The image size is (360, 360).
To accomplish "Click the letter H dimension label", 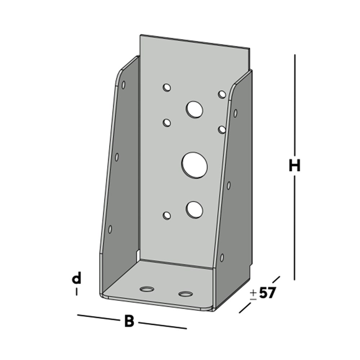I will [294, 166].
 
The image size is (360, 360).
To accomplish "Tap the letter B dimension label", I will [129, 321].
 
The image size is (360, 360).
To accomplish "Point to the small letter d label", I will [76, 279].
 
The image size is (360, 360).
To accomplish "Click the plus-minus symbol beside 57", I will [253, 294].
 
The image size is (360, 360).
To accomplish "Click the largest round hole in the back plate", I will [194, 164].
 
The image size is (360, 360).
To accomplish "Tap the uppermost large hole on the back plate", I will [194, 109].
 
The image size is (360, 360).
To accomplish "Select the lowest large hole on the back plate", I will [194, 209].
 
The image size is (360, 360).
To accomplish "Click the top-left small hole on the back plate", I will [167, 88].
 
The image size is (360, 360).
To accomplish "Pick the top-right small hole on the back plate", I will [222, 94].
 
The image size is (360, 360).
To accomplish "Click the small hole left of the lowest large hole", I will [167, 215].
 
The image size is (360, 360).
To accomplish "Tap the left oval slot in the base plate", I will [146, 289].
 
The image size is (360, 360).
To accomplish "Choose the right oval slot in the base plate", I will [185, 294].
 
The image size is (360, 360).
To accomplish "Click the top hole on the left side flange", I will [123, 85].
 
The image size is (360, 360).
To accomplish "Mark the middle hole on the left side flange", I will [117, 157].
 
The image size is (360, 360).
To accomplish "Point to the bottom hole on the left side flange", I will [110, 229].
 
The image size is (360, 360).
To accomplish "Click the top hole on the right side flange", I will [235, 113].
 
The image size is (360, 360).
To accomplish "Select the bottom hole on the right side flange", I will [222, 257].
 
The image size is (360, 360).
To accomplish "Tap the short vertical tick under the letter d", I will [76, 292].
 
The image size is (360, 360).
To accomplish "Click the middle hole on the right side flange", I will [228, 185].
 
